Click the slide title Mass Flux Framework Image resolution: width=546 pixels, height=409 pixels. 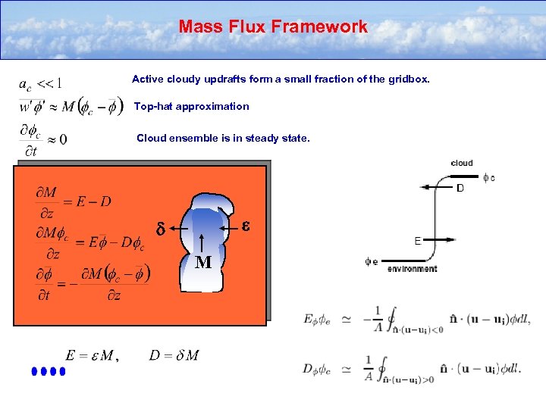point(273,27)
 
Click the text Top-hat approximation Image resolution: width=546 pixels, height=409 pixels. point(191,107)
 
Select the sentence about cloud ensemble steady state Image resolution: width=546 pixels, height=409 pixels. point(223,139)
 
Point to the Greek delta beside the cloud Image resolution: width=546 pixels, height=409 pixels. point(160,228)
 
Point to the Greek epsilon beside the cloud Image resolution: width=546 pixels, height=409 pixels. point(246,225)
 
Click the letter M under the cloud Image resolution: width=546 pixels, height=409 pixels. point(202,263)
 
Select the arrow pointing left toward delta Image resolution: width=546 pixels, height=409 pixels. point(180,227)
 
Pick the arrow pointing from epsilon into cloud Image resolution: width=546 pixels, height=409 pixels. point(230,226)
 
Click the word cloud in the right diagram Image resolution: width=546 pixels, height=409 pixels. point(461,163)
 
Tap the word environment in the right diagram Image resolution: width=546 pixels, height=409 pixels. point(412,268)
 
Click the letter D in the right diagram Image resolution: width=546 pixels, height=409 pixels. point(460,187)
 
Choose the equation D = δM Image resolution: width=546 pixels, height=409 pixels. point(174,354)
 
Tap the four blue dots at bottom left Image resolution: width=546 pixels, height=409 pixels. point(50,372)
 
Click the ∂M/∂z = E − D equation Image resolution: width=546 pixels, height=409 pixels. point(74,201)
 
